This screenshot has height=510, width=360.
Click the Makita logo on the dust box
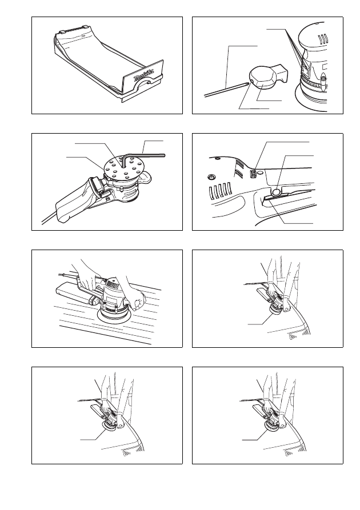coord(143,75)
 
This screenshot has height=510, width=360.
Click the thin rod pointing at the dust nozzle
coord(226,89)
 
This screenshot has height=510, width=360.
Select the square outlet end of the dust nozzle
coord(282,73)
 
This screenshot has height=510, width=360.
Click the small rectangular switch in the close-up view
coord(253,174)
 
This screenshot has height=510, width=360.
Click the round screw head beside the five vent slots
coord(211,177)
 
